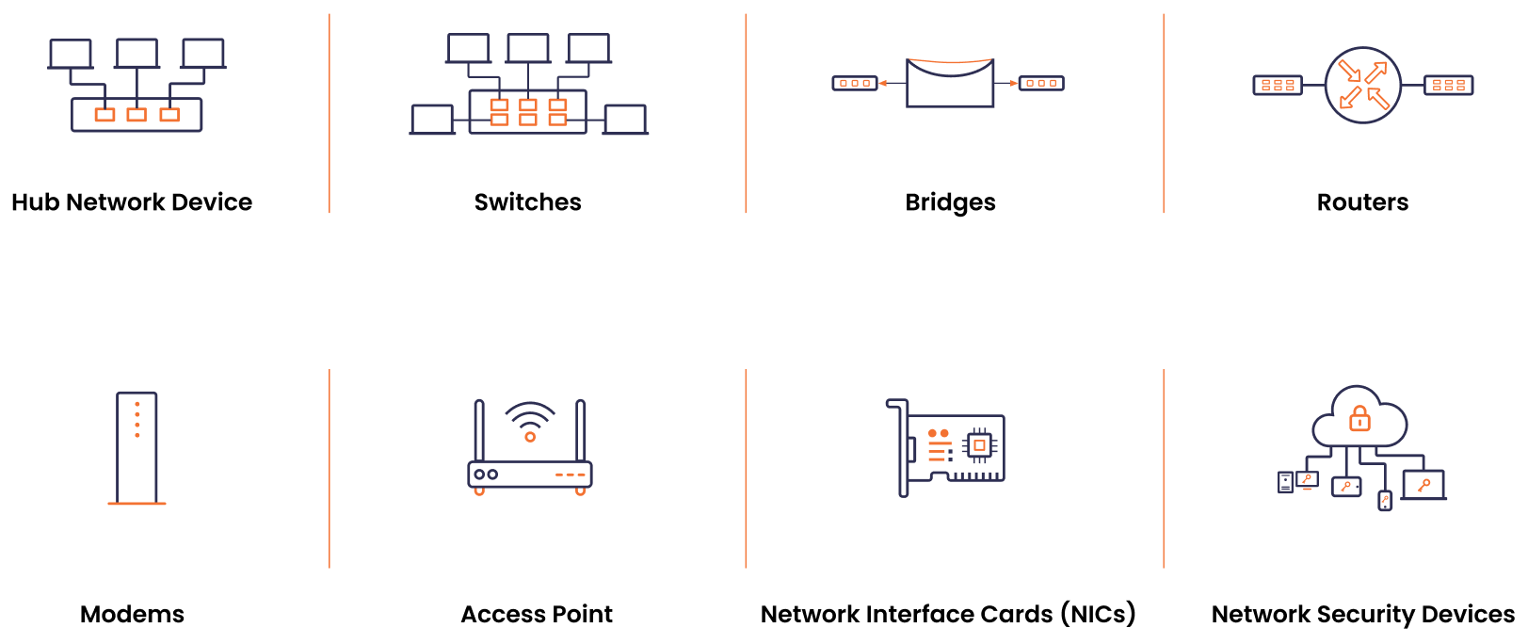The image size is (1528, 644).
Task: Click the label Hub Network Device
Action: (132, 202)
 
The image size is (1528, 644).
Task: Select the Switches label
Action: (527, 202)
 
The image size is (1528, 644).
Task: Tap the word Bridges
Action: (950, 202)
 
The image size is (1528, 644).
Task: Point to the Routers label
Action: (1362, 202)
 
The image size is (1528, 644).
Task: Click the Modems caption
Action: (132, 614)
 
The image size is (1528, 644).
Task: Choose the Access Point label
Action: (537, 614)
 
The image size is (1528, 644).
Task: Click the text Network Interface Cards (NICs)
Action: (948, 614)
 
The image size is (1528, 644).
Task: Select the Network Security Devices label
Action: (1362, 614)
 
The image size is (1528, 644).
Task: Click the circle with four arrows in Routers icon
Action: (1362, 86)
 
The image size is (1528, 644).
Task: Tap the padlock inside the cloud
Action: (1359, 417)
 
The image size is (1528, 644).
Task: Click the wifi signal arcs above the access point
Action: (530, 415)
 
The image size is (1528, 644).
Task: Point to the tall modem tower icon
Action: (137, 448)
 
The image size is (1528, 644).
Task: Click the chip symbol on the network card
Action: (979, 444)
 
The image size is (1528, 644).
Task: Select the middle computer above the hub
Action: (137, 54)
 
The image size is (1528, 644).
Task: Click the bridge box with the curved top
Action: (950, 84)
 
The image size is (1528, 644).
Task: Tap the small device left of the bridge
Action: (855, 83)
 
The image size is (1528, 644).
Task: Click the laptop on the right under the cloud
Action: (1423, 485)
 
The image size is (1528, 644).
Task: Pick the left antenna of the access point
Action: (479, 430)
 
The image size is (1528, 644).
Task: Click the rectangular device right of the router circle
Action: (1448, 86)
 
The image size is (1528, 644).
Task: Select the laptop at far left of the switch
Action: (432, 120)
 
